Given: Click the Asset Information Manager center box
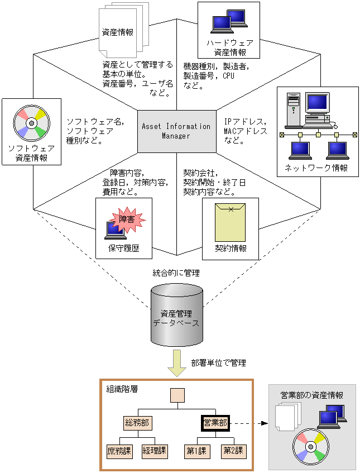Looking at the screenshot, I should click(x=176, y=131).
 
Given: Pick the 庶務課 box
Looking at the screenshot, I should click(x=119, y=450).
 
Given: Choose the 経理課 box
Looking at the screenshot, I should click(x=155, y=450).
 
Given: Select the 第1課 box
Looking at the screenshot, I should click(x=197, y=450).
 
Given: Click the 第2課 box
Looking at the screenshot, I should click(x=233, y=450).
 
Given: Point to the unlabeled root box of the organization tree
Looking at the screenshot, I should click(x=177, y=396).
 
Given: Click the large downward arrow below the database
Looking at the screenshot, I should click(x=177, y=363).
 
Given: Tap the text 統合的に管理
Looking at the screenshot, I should click(x=176, y=273).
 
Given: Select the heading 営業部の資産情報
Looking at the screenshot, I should click(x=311, y=395).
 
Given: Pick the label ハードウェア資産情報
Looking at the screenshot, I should click(x=229, y=47).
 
